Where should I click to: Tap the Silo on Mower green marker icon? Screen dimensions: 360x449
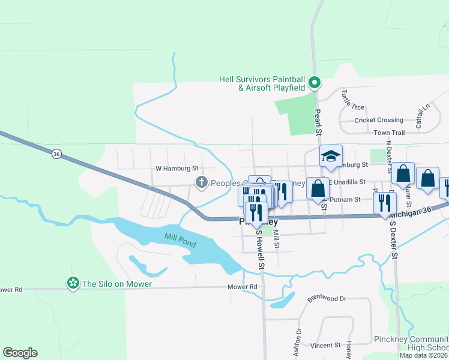tap(73, 283)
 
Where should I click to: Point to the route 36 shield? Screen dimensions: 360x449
tap(56, 154)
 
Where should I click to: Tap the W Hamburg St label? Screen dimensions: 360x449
tap(176, 169)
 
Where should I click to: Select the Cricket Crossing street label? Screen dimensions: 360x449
tap(379, 120)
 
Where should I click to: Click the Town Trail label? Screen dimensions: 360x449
tap(390, 133)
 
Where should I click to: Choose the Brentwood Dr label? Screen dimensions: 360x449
tap(327, 298)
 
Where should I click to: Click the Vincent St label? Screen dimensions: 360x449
tap(325, 346)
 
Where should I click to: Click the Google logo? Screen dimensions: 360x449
tap(20, 353)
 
